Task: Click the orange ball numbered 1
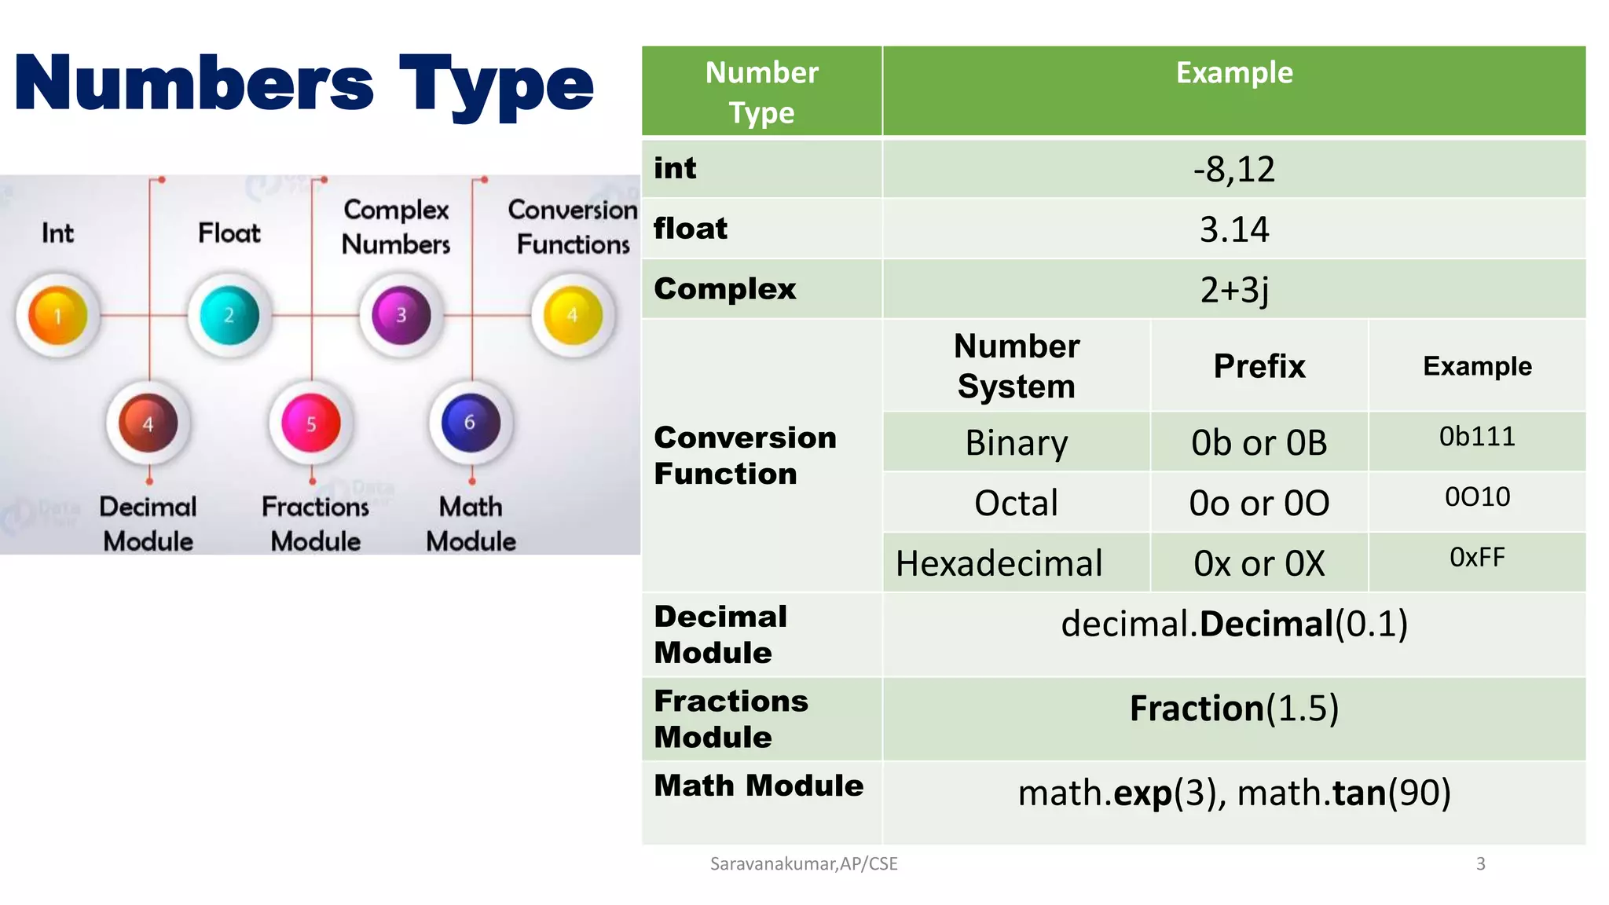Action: [57, 316]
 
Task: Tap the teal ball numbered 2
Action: [229, 316]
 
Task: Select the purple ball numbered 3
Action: [401, 316]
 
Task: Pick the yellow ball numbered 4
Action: [573, 316]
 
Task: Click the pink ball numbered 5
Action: [311, 424]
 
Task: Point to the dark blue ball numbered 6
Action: [471, 423]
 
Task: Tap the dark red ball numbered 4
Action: [148, 424]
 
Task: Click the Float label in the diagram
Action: [229, 233]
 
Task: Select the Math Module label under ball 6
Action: [471, 524]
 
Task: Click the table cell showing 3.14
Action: [1233, 229]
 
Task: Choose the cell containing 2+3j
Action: [1233, 290]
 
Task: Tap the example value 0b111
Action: [1477, 437]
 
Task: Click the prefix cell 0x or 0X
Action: [1259, 563]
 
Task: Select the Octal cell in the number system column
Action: [1016, 503]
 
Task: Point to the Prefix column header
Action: [1259, 366]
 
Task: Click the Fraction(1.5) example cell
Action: [1233, 709]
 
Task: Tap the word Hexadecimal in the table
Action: [999, 563]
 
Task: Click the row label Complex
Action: [724, 289]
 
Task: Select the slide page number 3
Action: [1480, 864]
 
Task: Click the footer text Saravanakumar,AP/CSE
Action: [804, 864]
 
